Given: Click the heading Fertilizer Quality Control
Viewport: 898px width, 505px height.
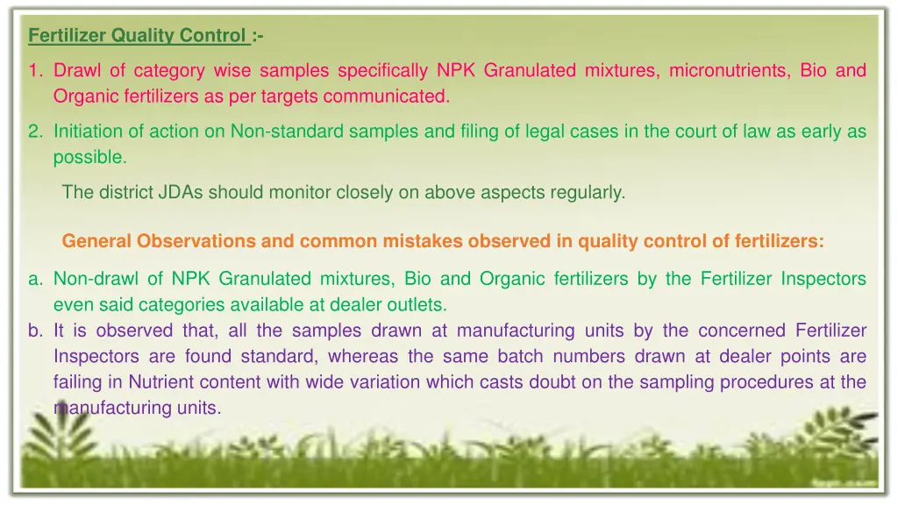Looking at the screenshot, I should [138, 36].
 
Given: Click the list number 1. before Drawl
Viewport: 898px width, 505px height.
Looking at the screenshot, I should [35, 70].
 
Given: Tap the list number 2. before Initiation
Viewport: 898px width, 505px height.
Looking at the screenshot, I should [35, 132].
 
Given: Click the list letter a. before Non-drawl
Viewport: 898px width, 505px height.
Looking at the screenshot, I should [36, 280].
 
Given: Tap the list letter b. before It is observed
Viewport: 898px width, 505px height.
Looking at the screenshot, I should [36, 331].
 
